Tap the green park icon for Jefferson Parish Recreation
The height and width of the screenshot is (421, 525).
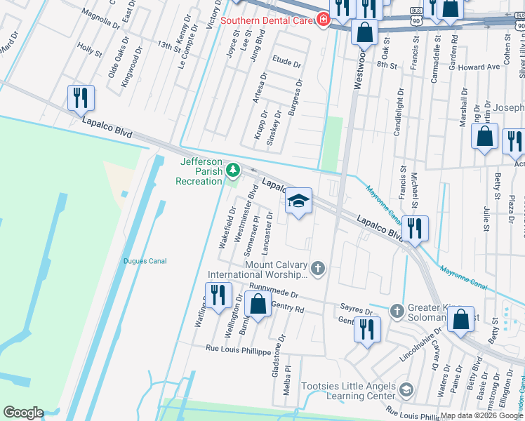(x=232, y=171)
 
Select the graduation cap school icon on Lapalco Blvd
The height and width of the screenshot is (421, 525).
(x=298, y=202)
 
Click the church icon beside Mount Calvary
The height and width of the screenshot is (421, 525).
(x=318, y=267)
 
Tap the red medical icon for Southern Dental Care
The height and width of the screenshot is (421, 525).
(x=324, y=20)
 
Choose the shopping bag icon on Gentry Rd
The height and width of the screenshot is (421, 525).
(x=258, y=305)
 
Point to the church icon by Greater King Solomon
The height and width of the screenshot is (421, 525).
(x=397, y=310)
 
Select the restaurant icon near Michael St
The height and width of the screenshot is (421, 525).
(x=415, y=229)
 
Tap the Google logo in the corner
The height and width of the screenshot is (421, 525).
(x=23, y=413)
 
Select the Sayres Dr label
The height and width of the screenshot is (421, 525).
(x=356, y=309)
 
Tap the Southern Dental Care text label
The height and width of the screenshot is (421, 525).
(x=266, y=20)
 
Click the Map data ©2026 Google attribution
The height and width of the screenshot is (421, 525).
(x=481, y=415)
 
